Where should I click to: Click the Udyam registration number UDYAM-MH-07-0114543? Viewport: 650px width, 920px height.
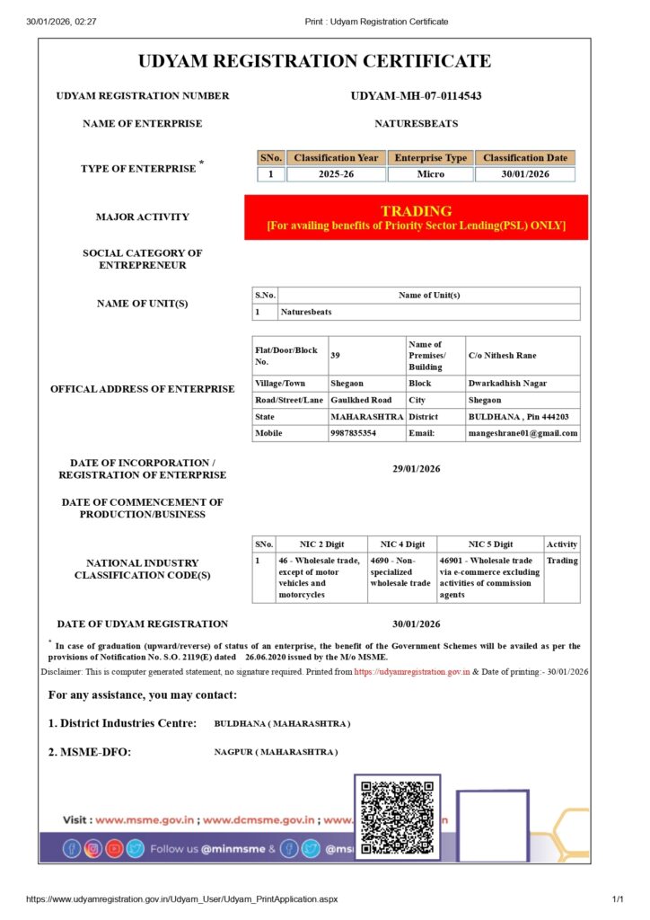(416, 96)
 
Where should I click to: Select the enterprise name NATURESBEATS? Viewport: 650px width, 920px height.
(416, 124)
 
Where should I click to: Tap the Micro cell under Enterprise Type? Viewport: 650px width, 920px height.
(431, 174)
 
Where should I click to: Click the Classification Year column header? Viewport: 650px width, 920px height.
(336, 158)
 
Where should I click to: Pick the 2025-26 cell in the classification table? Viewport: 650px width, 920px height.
(336, 174)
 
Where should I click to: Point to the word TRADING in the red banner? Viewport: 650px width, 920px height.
(416, 211)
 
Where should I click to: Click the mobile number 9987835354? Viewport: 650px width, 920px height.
(353, 433)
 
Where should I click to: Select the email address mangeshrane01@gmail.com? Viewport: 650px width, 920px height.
(523, 433)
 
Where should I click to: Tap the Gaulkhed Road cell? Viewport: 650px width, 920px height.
(361, 400)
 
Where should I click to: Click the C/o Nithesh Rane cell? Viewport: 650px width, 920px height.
(502, 356)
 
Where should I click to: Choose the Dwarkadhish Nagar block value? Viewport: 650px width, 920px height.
(507, 384)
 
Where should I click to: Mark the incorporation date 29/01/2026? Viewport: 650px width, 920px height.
(416, 468)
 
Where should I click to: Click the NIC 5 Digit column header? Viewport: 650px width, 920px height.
(490, 544)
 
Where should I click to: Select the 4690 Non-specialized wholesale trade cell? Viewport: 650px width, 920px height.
(400, 571)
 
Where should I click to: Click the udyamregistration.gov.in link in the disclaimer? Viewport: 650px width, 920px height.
(412, 672)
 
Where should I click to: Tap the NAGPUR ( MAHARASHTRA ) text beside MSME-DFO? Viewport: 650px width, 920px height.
(276, 752)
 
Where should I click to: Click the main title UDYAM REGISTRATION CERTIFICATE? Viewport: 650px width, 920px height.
(314, 62)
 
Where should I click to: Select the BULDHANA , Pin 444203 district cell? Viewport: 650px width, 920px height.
(518, 417)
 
